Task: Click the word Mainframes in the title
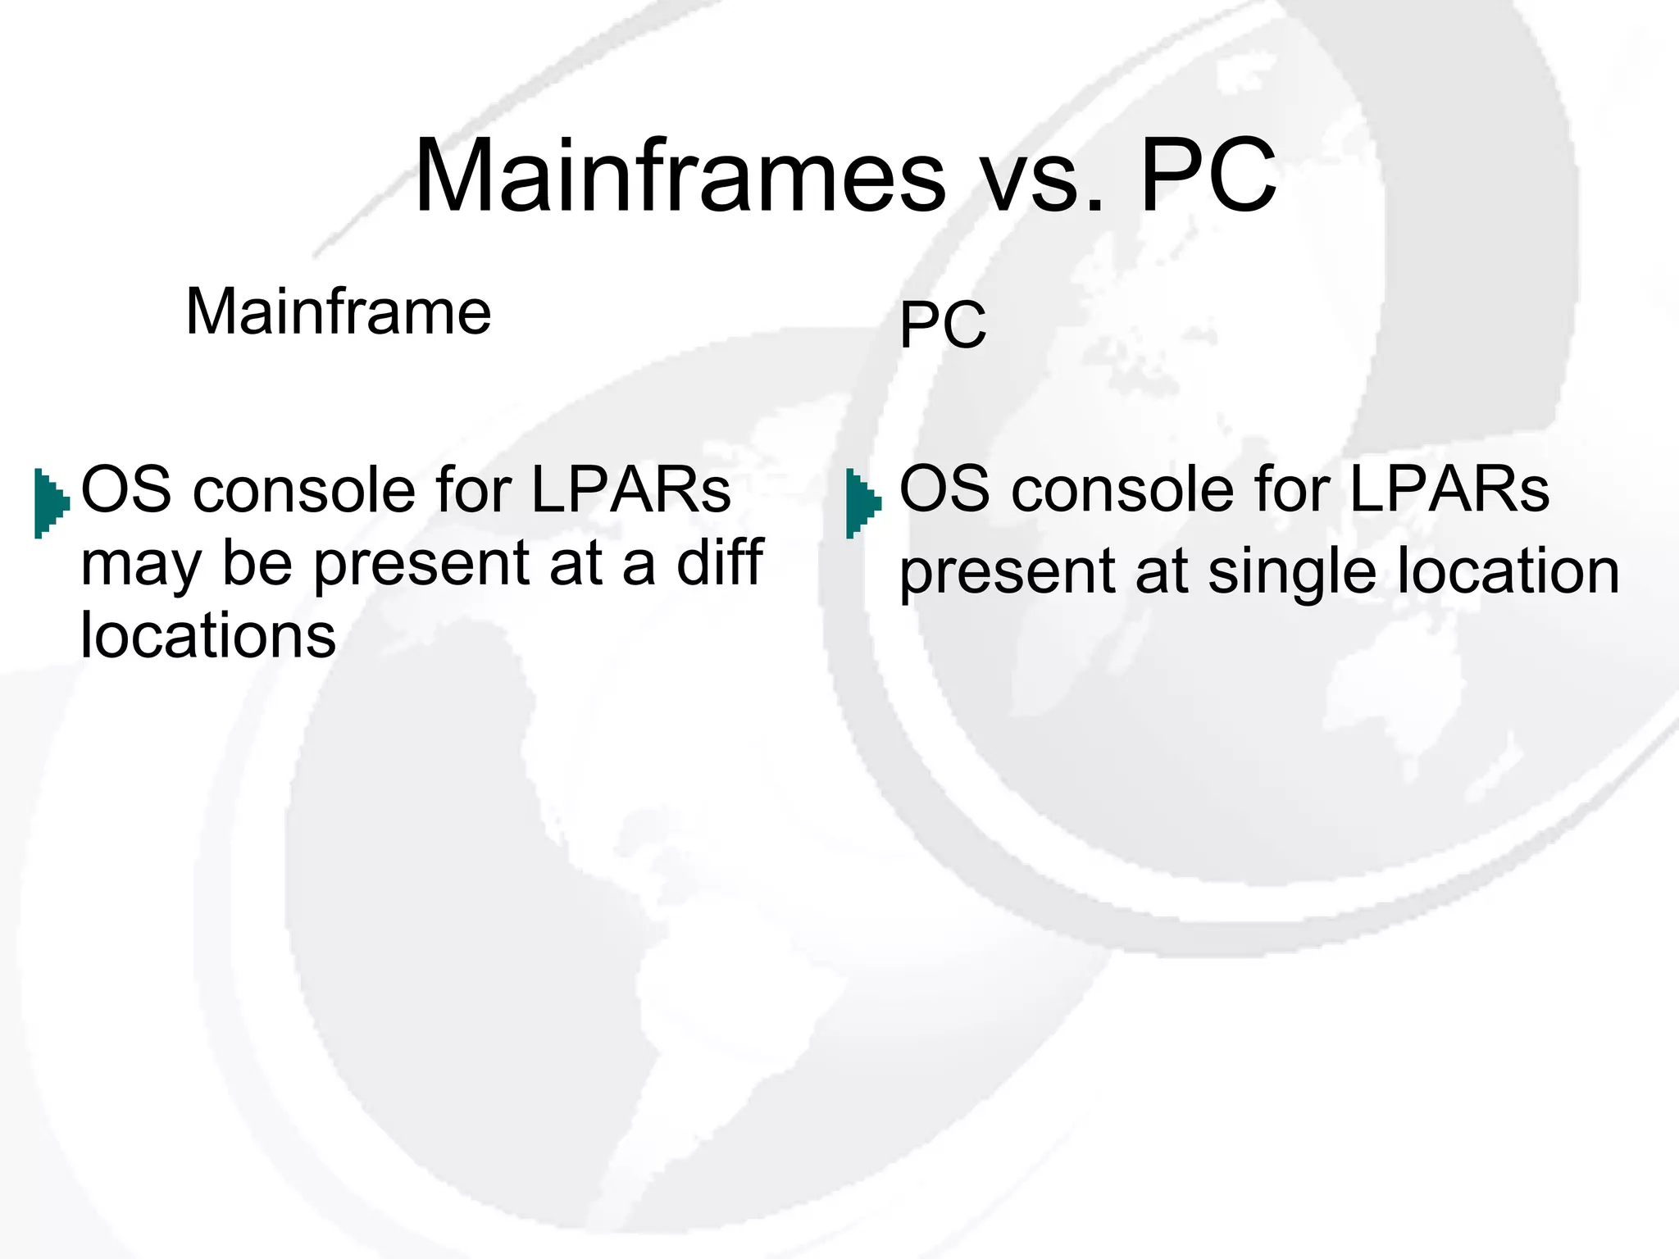(x=680, y=177)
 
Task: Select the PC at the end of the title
(x=1208, y=177)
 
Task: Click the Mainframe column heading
(x=338, y=311)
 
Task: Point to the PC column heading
(x=943, y=325)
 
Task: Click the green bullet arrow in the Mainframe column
(x=51, y=502)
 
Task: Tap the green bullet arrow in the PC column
(x=862, y=502)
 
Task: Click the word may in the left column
(x=139, y=566)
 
